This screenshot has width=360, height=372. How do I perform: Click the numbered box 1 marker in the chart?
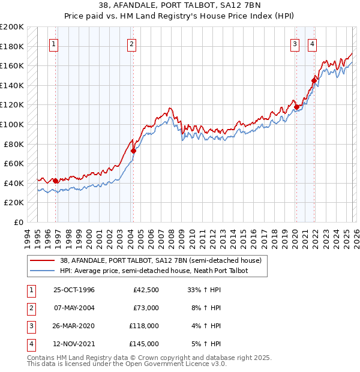point(54,43)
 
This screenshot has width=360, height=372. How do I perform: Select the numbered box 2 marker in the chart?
point(131,43)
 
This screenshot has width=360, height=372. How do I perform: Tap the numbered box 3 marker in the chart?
point(295,43)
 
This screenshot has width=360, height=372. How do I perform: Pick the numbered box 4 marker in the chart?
point(313,43)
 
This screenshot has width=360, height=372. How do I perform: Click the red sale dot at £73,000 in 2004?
point(133,151)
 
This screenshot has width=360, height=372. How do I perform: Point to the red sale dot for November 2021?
point(314,80)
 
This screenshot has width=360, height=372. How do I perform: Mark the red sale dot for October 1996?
point(55,181)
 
